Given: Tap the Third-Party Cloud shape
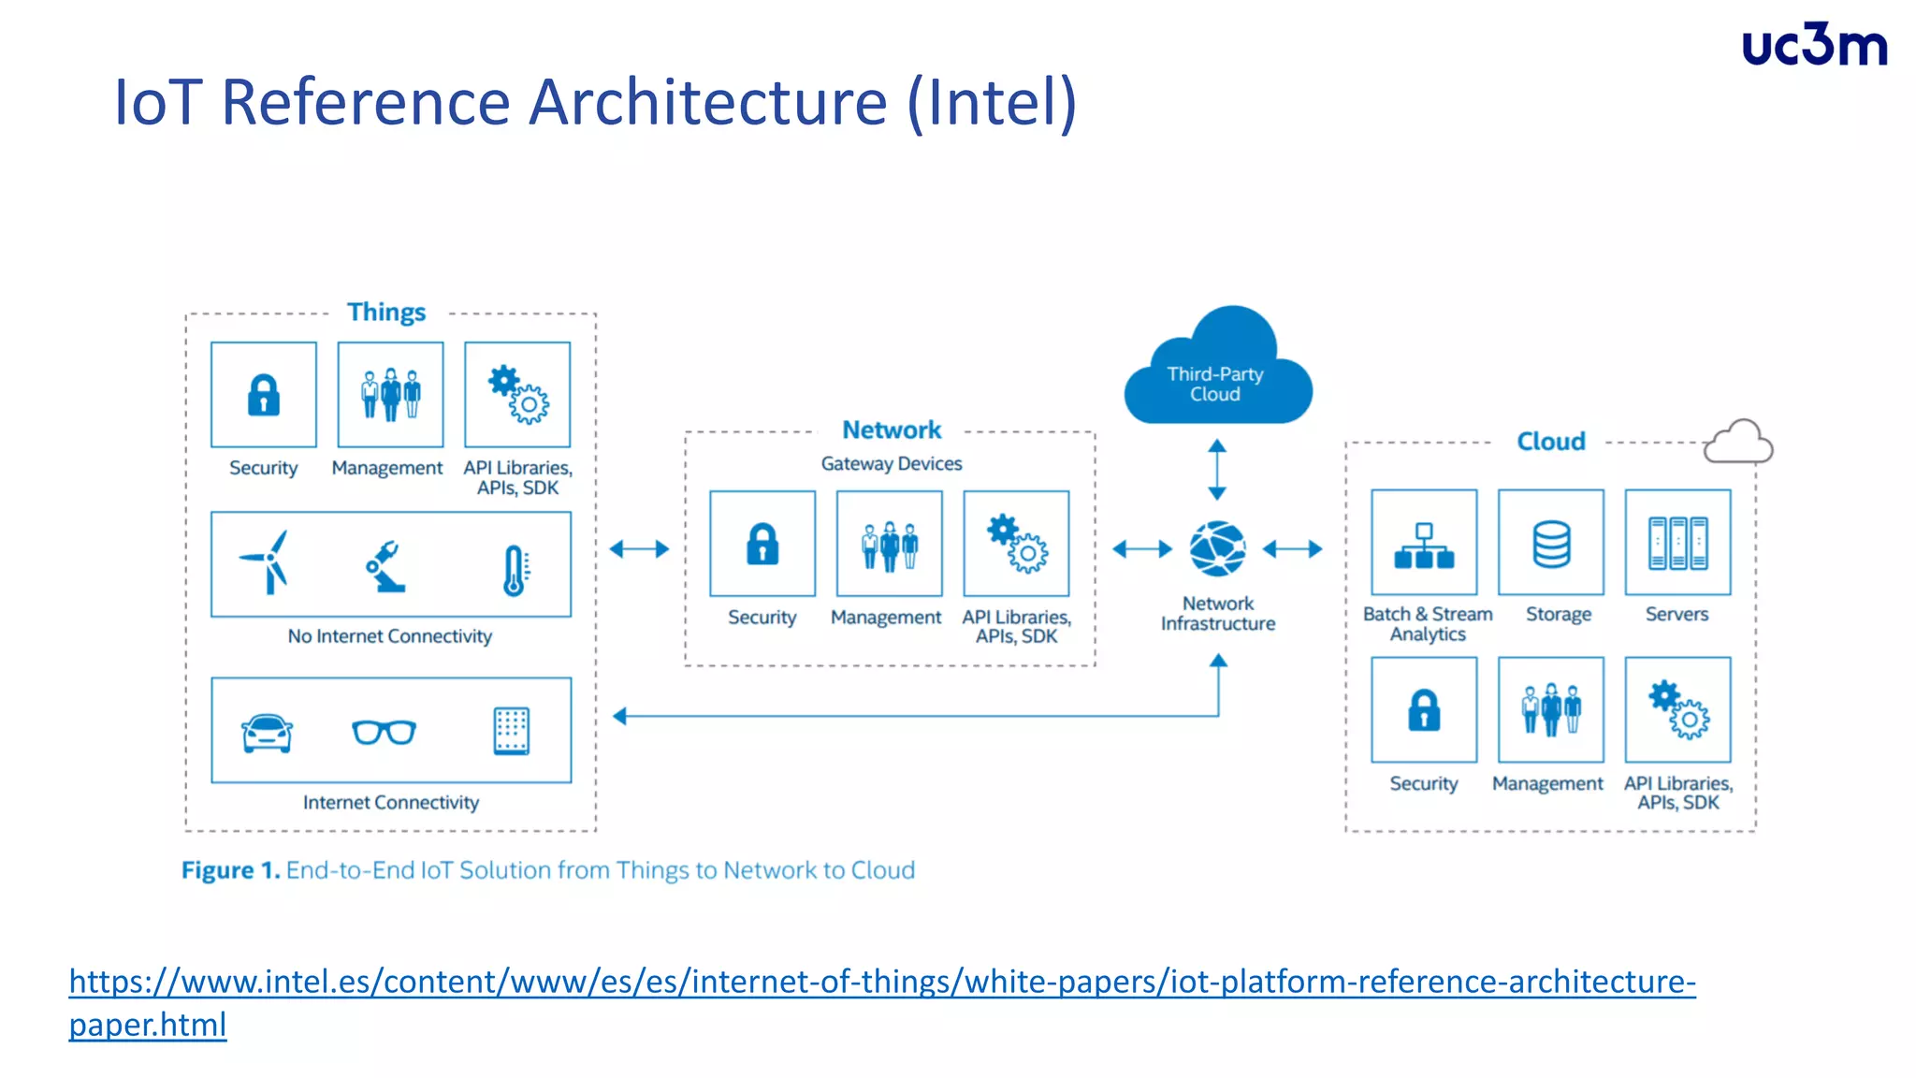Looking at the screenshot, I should coord(1216,374).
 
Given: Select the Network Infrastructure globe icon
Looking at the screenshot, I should coord(1217,549).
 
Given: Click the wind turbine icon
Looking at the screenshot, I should coord(266,562).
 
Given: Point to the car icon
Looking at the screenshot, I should coord(267,733).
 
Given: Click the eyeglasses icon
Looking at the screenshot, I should coord(385,732).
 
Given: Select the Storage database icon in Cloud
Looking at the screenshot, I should coord(1551,544).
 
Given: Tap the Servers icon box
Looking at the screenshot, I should coord(1677,543).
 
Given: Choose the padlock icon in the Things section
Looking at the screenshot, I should coord(264,395).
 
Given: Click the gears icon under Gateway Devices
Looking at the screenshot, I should coord(1017,544).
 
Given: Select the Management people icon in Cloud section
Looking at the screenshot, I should coord(1551,710).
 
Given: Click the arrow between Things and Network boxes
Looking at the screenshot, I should coord(640,549).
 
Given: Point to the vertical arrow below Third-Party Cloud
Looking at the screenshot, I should coord(1217,470).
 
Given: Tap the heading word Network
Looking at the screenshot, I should coord(892,430).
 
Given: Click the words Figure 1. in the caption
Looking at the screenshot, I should coord(230,870).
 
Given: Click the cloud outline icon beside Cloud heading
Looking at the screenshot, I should coord(1737,442).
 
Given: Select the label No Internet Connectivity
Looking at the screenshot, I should coord(390,636).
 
